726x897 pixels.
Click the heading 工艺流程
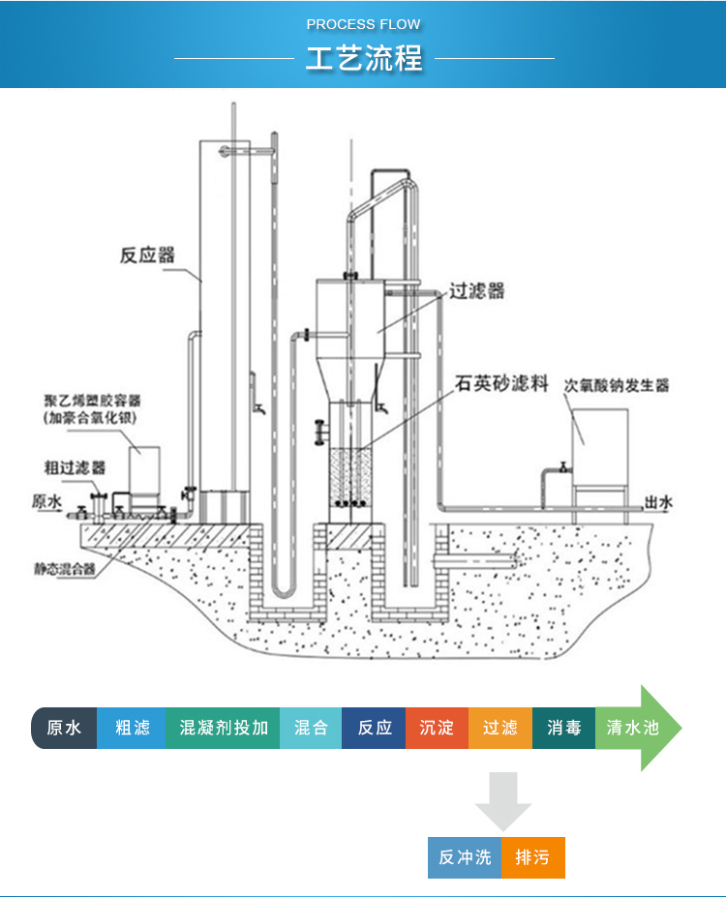click(x=364, y=58)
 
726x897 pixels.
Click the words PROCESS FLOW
click(x=364, y=24)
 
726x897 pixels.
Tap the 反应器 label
click(x=147, y=255)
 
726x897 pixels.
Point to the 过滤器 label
click(x=476, y=290)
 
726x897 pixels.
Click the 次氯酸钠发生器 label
click(x=617, y=385)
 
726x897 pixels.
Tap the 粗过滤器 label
click(x=75, y=466)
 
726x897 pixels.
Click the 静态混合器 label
click(x=65, y=570)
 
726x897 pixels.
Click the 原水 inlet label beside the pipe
click(x=46, y=501)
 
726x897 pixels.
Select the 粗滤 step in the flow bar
click(x=132, y=728)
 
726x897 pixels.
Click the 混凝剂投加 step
click(x=224, y=728)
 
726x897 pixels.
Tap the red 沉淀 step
click(x=437, y=728)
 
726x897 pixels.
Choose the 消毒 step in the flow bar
click(x=563, y=728)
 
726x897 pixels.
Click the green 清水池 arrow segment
click(x=633, y=728)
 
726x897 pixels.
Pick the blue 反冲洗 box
click(x=465, y=857)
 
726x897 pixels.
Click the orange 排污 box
click(x=532, y=857)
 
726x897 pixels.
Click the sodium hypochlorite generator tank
click(x=599, y=441)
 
